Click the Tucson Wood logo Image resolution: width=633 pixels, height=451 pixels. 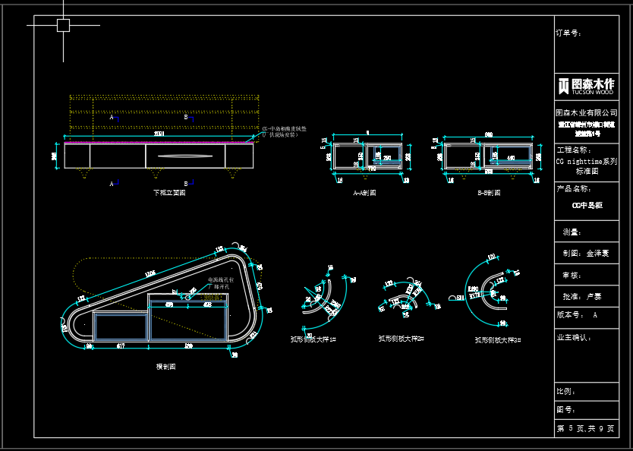[x=586, y=85]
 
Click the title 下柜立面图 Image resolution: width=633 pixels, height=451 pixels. [x=169, y=193]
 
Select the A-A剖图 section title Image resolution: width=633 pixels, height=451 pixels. [x=364, y=193]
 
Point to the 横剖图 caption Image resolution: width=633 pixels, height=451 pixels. [x=165, y=366]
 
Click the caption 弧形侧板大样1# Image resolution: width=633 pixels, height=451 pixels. [x=313, y=339]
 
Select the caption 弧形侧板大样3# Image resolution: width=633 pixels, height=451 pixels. [x=498, y=340]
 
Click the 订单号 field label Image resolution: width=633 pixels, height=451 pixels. [x=569, y=33]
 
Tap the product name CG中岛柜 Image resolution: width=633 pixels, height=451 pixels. [x=587, y=205]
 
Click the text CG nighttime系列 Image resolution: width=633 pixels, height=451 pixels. [x=587, y=162]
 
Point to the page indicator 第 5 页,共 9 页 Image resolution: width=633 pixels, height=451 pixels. [x=586, y=429]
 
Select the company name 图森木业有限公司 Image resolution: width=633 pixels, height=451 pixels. [x=587, y=112]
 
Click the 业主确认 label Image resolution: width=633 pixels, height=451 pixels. [x=575, y=336]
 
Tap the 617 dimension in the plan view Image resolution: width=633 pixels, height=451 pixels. [x=120, y=346]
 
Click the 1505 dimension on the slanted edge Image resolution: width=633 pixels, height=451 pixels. [x=150, y=273]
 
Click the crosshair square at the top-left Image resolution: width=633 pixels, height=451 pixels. [x=63, y=25]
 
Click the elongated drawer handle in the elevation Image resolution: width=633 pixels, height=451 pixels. [x=184, y=156]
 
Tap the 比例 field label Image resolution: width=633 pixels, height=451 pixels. [x=567, y=391]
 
